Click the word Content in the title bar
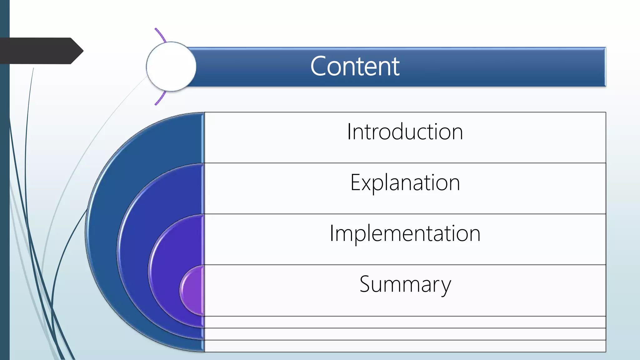point(355,66)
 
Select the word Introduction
point(405,132)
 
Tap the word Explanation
point(405,182)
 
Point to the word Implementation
point(405,233)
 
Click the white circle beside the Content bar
point(171,67)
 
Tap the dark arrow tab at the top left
point(41,51)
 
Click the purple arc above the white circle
point(161,35)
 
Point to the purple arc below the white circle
point(161,98)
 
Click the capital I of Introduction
point(349,132)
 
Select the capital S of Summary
point(365,284)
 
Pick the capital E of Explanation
point(355,182)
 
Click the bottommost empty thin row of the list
point(405,346)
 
